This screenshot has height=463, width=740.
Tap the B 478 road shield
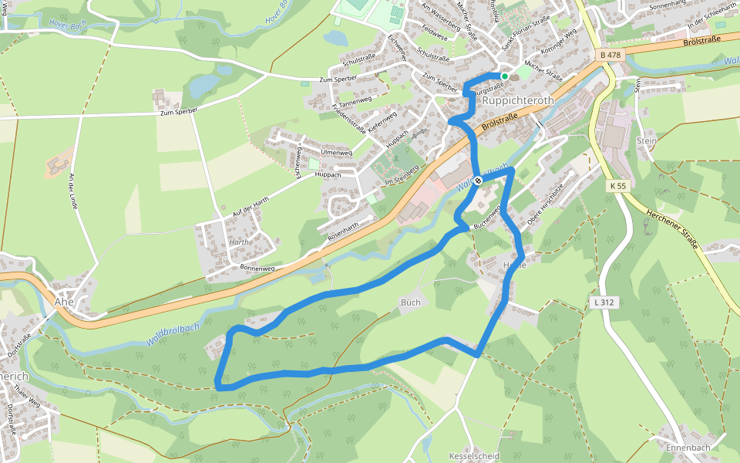tap(609, 55)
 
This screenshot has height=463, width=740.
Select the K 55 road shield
tap(617, 186)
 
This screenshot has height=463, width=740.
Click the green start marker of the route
tap(504, 76)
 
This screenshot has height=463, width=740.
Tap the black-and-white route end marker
tap(478, 181)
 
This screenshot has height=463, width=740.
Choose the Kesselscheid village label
tap(473, 456)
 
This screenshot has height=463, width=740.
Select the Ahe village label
tap(64, 302)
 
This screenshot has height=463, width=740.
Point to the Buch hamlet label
tap(411, 302)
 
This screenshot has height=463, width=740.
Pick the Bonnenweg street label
tap(257, 268)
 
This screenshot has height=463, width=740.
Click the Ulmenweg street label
tap(336, 153)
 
